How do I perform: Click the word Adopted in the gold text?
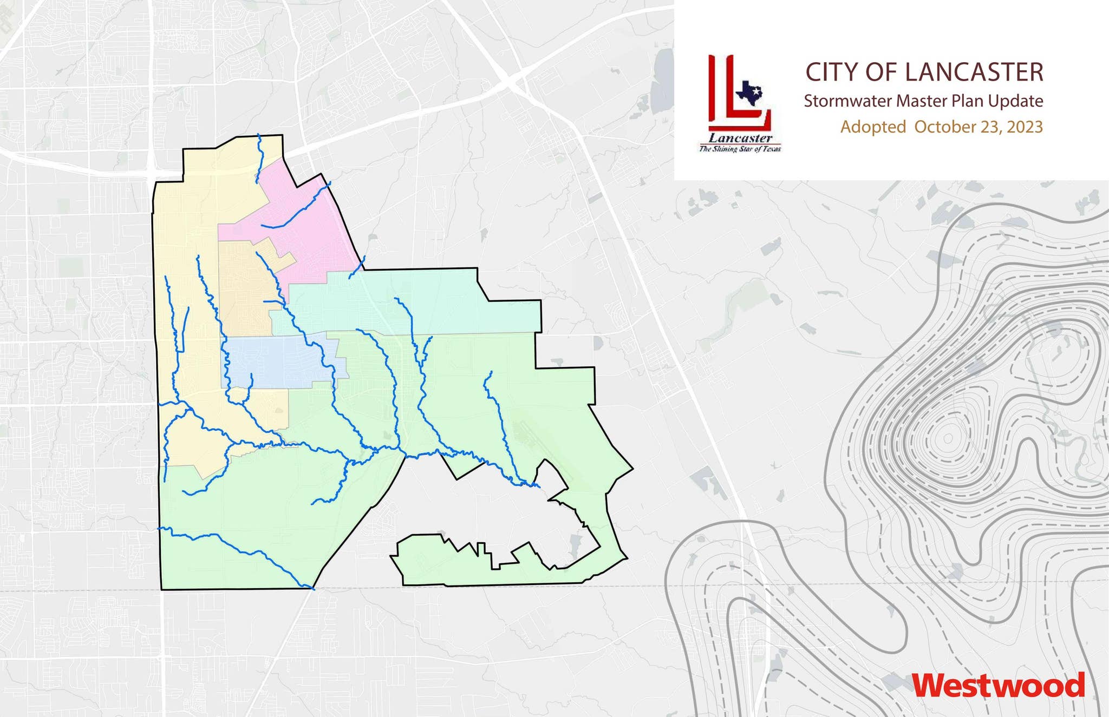pyautogui.click(x=873, y=127)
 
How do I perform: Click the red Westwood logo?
pyautogui.click(x=999, y=686)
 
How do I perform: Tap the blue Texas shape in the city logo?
pyautogui.click(x=749, y=93)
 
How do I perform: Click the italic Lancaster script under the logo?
pyautogui.click(x=740, y=138)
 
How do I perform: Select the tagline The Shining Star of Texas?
pyautogui.click(x=740, y=149)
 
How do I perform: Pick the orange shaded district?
pyautogui.click(x=244, y=287)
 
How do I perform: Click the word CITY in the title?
pyautogui.click(x=826, y=73)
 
